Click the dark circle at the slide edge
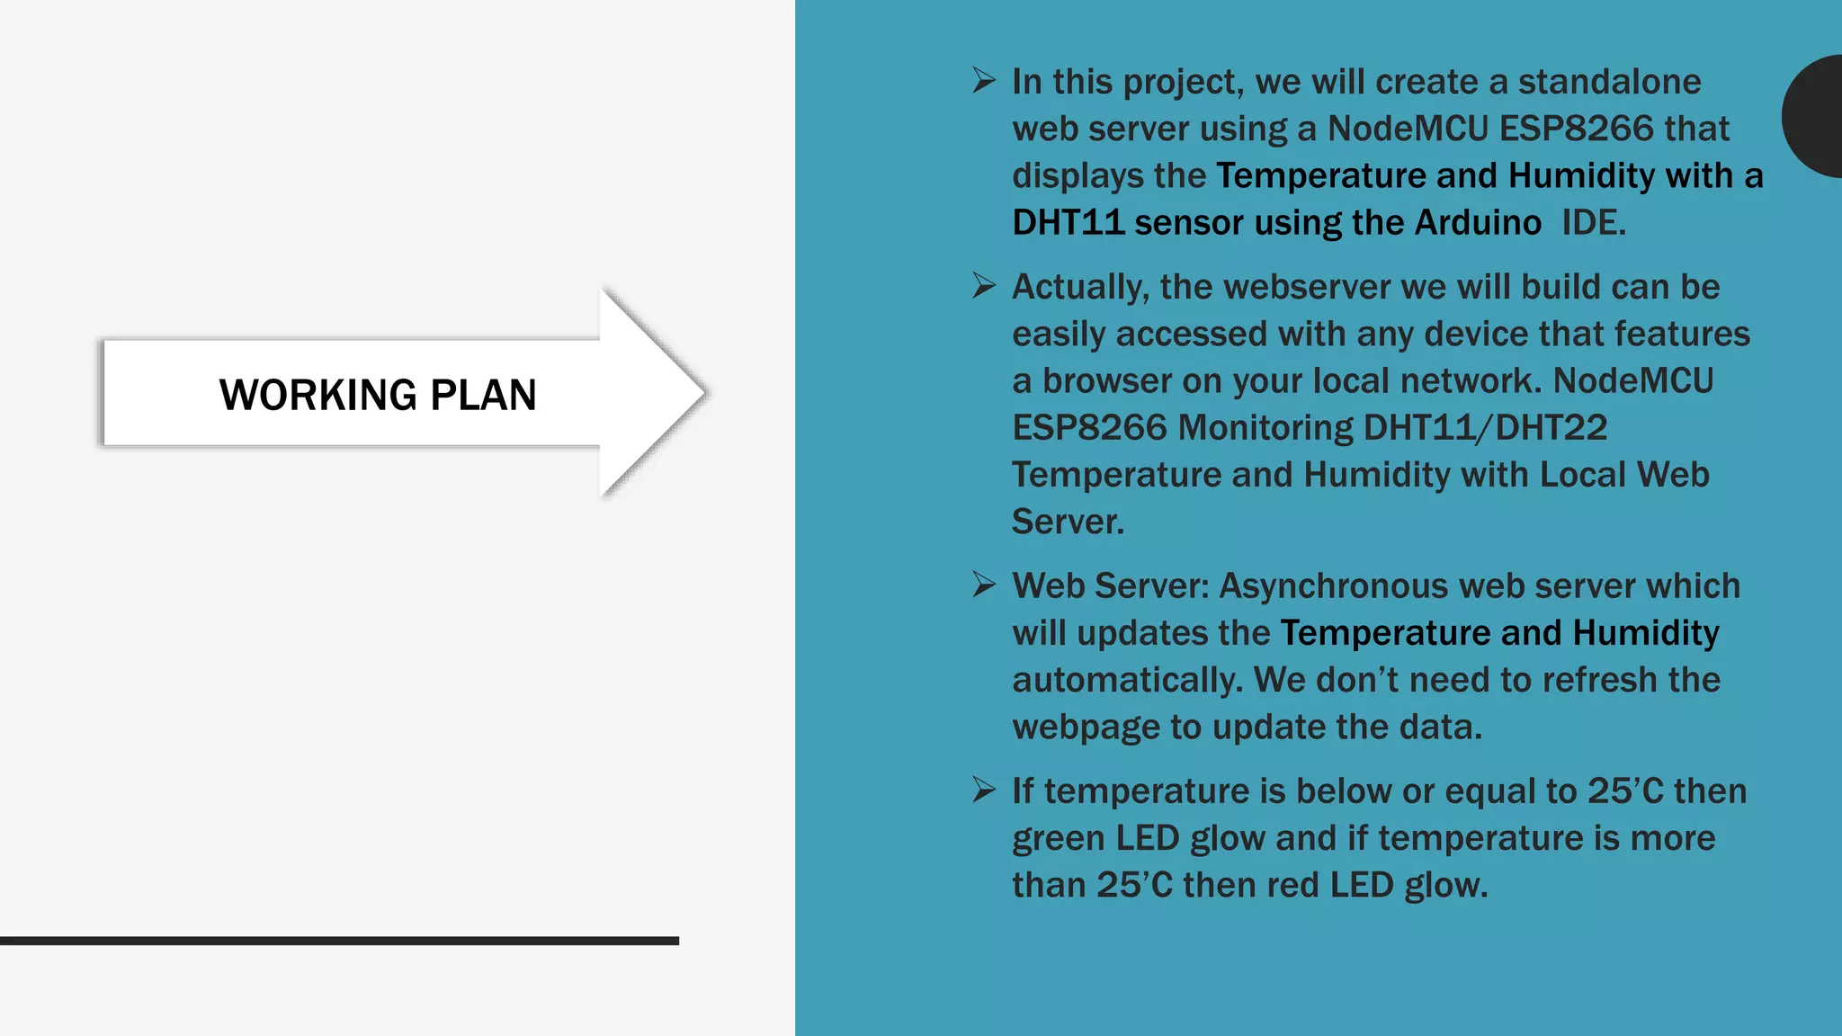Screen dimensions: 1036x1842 pos(1815,116)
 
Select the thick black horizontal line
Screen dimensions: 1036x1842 pos(339,941)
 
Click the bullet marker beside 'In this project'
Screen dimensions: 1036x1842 pos(984,81)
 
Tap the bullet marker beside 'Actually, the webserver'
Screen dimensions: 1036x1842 pos(984,286)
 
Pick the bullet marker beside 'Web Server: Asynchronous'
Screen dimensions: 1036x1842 pos(984,585)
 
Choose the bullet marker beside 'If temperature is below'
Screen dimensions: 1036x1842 pos(984,790)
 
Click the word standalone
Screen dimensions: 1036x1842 pos(1609,82)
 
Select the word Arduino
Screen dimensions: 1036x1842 pos(1478,222)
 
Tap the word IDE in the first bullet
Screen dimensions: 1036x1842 pos(1592,222)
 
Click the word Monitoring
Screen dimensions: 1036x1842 pos(1265,427)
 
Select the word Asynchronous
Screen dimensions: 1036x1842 pos(1334,586)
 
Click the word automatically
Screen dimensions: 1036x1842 pos(1127,680)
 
